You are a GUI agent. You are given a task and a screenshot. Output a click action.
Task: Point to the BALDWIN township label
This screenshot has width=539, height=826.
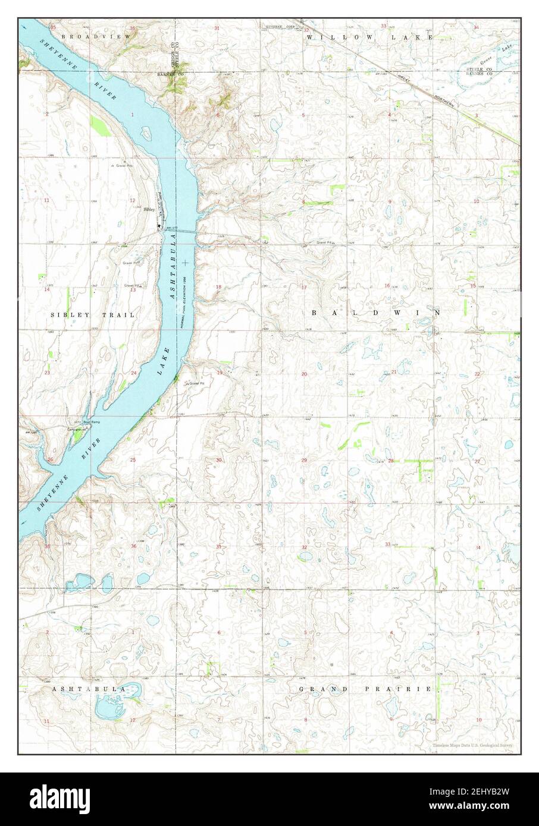click(x=375, y=312)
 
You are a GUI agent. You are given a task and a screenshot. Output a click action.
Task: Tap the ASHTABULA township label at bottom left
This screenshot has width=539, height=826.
click(x=88, y=689)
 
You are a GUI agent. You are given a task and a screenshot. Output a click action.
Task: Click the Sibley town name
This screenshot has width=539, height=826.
click(x=150, y=210)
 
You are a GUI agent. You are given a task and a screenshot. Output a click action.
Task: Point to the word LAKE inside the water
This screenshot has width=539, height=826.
click(x=162, y=362)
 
